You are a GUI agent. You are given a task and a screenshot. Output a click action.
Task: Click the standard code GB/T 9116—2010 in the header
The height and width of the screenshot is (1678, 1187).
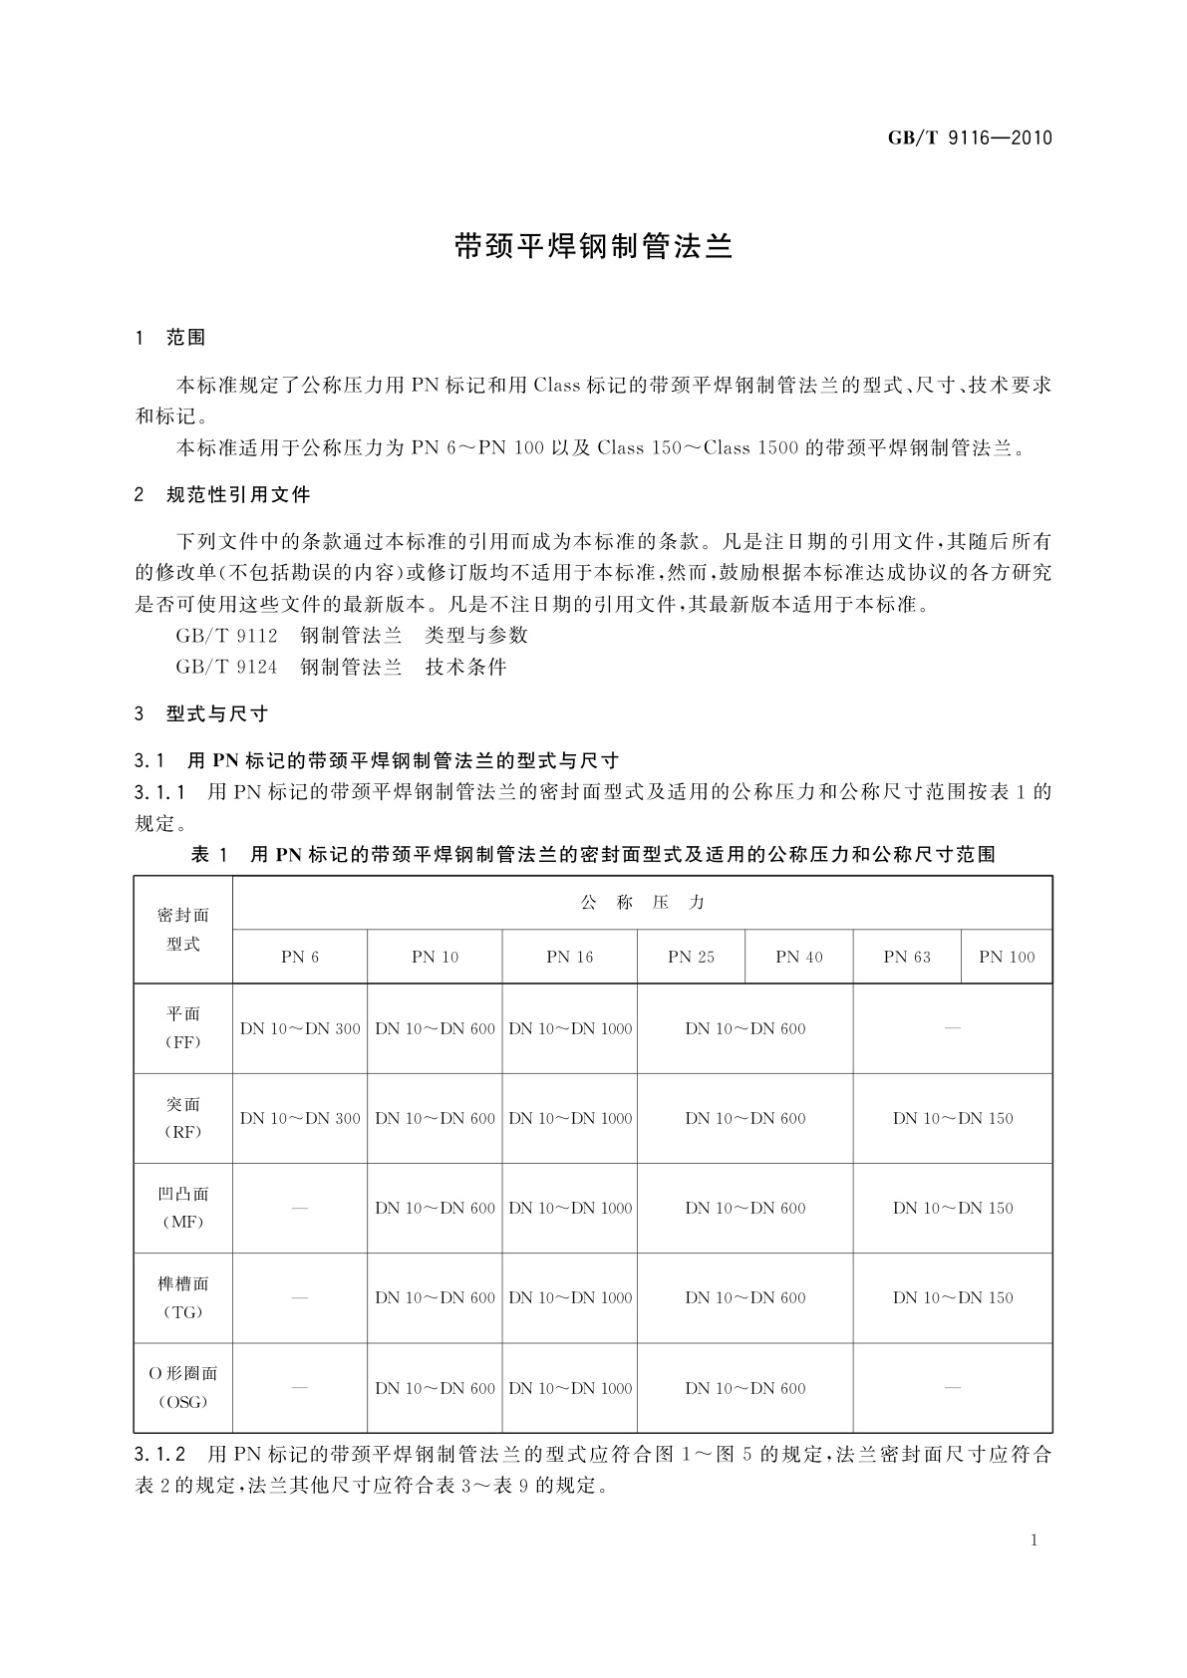coord(970,138)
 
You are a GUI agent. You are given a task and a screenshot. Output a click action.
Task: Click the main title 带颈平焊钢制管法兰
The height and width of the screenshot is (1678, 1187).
coord(593,247)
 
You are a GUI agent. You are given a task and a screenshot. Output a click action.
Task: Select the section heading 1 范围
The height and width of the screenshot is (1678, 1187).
coord(170,338)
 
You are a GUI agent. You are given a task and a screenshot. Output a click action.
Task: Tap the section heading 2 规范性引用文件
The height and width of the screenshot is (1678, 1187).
coord(222,494)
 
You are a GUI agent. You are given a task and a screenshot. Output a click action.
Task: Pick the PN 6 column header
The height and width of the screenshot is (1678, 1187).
coord(300,957)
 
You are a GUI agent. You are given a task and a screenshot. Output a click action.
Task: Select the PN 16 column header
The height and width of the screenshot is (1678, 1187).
coord(569,957)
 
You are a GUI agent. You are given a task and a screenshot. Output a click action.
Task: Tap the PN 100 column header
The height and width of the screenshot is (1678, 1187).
coord(1007,957)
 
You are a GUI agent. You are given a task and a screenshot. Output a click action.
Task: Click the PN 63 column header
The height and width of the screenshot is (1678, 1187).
coord(907,957)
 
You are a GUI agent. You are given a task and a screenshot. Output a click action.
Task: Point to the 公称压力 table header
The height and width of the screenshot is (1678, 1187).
coord(642,903)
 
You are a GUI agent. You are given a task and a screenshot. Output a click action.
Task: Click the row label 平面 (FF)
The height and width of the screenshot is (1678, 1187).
coord(183,1027)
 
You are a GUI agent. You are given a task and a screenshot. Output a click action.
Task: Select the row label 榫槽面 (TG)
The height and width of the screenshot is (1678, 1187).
coord(183,1297)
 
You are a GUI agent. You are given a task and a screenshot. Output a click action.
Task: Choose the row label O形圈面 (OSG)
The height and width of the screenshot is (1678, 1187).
coord(183,1387)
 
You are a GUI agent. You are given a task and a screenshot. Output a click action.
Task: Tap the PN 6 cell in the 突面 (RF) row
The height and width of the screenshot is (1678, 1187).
coord(300,1118)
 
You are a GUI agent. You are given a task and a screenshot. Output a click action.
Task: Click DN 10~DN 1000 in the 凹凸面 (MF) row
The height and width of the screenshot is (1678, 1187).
coord(570,1208)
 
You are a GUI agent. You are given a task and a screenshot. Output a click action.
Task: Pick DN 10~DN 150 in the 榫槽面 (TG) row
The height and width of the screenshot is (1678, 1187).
coord(953,1297)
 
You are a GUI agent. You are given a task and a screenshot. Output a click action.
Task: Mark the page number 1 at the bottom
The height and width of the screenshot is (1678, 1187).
coord(1034,1540)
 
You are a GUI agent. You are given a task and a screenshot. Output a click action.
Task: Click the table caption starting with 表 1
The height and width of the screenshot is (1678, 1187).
coord(593,854)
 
